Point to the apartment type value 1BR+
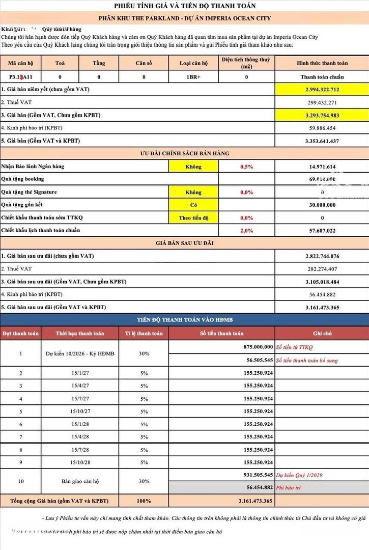coord(194,77)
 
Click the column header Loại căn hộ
coord(194,63)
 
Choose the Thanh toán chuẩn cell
coord(322,77)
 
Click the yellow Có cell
coord(193,205)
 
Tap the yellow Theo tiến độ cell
coord(193,217)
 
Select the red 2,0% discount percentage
coord(246,230)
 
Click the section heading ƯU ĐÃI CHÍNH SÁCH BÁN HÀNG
coord(185,153)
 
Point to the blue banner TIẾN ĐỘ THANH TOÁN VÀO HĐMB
coord(185,319)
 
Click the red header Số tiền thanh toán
coord(221,333)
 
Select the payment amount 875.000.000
coord(255,347)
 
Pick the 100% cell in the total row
coord(144,501)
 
